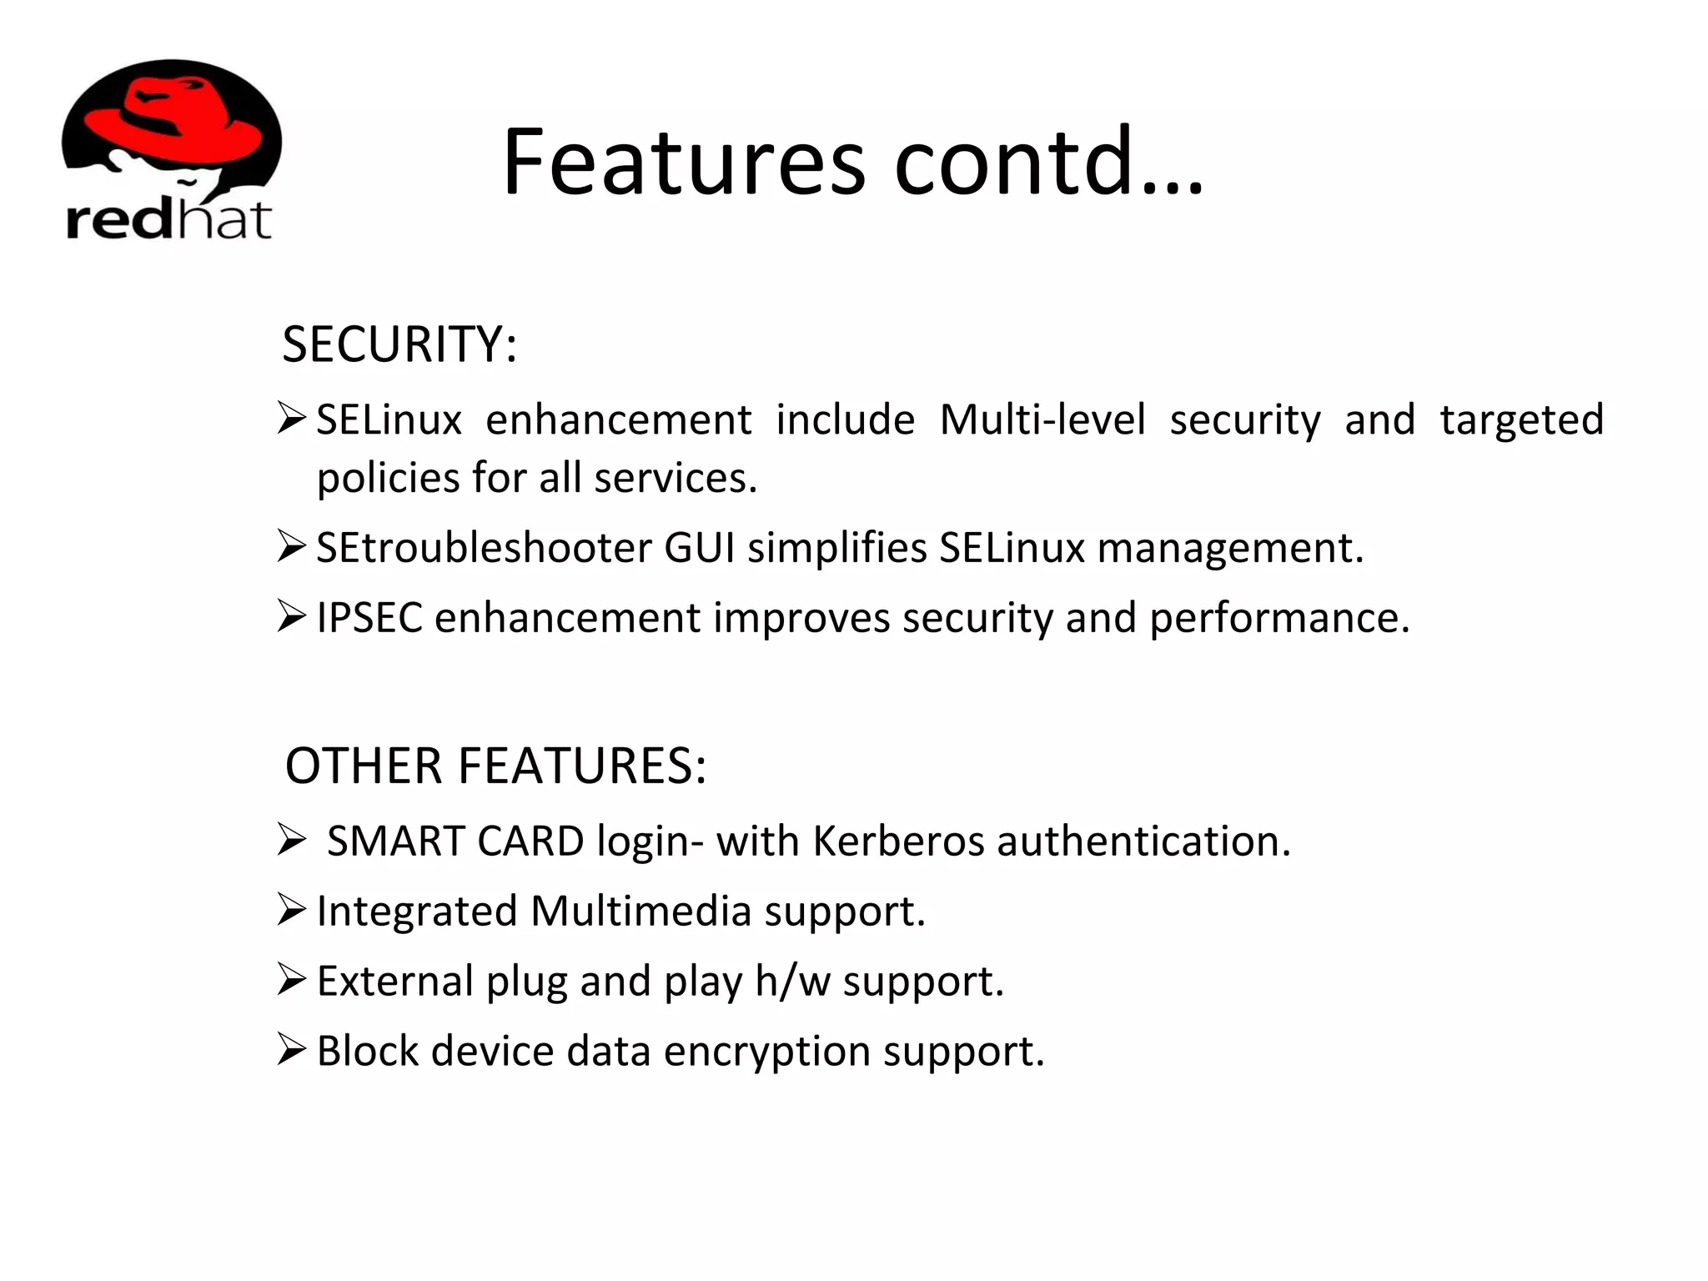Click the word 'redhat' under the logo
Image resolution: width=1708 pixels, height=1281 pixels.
point(168,219)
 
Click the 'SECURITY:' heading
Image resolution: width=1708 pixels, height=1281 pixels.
point(399,344)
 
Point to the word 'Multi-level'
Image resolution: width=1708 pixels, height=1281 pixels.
point(1042,419)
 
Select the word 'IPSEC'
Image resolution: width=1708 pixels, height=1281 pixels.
point(369,618)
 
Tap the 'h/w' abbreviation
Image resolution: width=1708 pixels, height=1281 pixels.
point(792,981)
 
